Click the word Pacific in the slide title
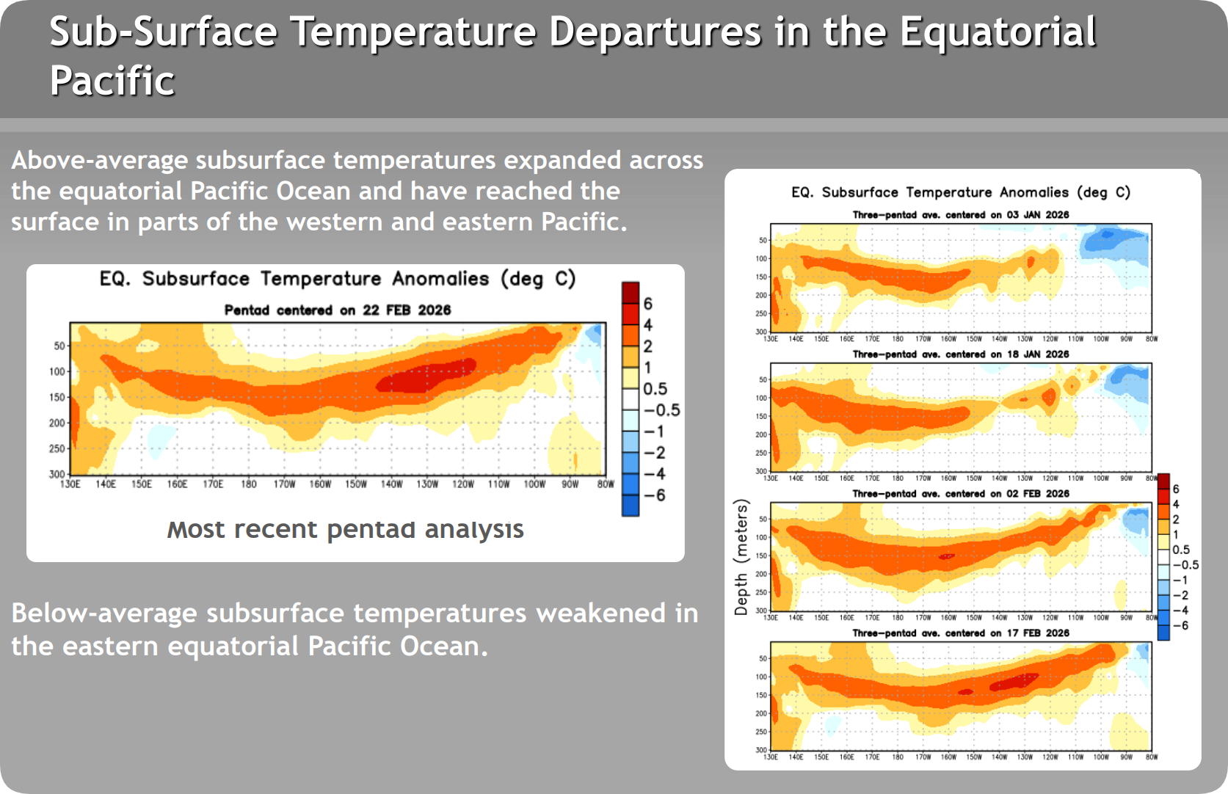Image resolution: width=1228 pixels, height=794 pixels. tap(112, 81)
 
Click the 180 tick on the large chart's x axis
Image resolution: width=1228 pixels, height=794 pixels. tap(249, 484)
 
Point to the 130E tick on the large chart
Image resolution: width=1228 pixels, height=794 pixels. tap(70, 484)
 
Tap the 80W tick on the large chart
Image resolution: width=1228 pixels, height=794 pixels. tap(605, 484)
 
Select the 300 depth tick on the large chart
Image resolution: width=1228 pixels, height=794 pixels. tap(57, 474)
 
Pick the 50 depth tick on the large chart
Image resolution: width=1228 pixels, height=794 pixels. tap(59, 346)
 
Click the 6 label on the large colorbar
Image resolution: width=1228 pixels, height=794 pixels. tap(648, 304)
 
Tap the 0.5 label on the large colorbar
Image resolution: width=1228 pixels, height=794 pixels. tap(655, 389)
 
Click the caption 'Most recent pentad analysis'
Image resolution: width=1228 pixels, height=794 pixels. tap(345, 529)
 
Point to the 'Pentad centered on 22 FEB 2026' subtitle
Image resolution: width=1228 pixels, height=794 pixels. tap(338, 310)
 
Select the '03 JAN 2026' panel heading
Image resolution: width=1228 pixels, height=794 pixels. tap(961, 215)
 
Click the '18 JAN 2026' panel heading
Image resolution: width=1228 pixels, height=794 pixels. tap(961, 354)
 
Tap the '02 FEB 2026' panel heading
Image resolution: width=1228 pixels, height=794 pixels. tap(961, 494)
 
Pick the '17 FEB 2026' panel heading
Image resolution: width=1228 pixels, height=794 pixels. tap(961, 633)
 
